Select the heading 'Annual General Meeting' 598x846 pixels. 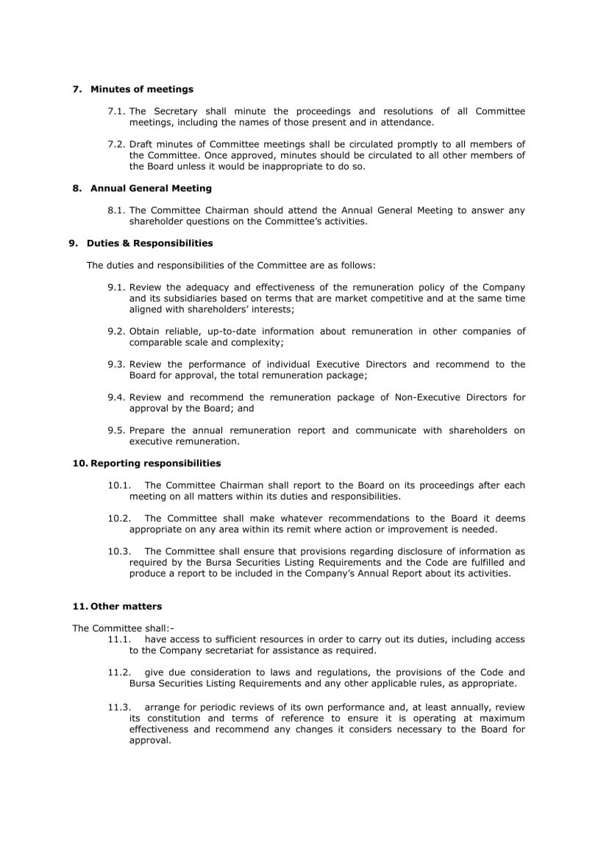click(151, 188)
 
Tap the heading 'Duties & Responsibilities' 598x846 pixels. click(149, 243)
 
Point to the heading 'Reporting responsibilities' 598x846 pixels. click(155, 463)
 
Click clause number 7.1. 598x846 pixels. click(116, 111)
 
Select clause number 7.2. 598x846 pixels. click(116, 144)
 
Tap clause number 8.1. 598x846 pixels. click(116, 210)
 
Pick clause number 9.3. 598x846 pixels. click(116, 364)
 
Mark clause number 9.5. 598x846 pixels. click(116, 430)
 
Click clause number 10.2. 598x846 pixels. click(119, 519)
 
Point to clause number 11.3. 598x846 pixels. click(119, 707)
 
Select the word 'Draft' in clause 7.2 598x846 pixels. click(143, 144)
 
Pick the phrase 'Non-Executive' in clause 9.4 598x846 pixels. click(427, 397)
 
